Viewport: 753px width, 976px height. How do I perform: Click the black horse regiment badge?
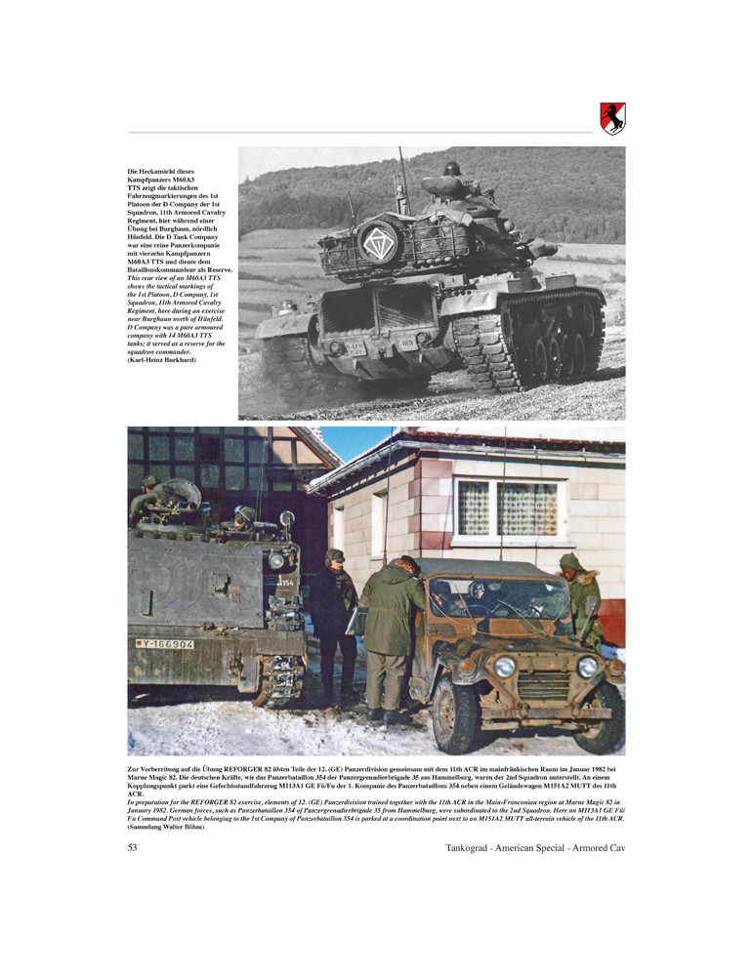(x=612, y=119)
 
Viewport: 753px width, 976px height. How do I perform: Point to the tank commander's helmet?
(x=450, y=169)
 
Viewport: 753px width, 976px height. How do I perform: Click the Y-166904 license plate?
(x=165, y=644)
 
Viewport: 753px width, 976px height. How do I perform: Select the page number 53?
(x=133, y=847)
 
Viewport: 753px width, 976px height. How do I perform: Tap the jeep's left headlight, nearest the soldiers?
(x=505, y=666)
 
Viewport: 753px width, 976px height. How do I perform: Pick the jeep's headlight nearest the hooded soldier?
(x=587, y=667)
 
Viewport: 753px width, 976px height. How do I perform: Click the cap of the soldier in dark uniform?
(x=335, y=554)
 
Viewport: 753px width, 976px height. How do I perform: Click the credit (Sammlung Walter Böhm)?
(x=166, y=828)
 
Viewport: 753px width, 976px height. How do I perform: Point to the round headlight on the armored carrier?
(x=276, y=560)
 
